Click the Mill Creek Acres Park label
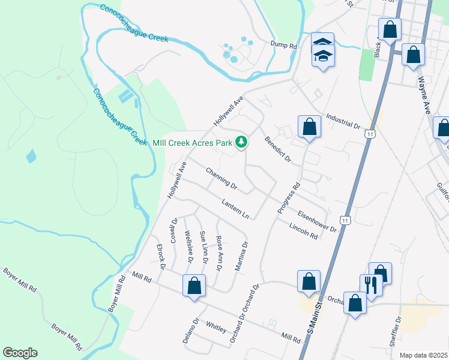(x=191, y=142)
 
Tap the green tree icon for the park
(x=241, y=142)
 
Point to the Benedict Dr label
(x=277, y=150)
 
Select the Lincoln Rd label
(x=303, y=231)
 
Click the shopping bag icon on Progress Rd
(x=309, y=127)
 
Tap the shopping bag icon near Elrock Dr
(x=194, y=287)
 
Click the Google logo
(x=20, y=353)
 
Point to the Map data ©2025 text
(x=423, y=355)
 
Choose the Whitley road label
(x=216, y=328)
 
